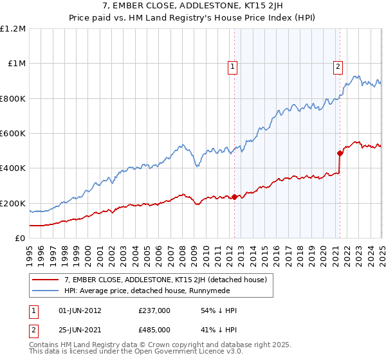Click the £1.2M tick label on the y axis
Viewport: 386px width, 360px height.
(13, 29)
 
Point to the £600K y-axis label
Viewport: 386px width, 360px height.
(13, 134)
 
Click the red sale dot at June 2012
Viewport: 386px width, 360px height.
(234, 197)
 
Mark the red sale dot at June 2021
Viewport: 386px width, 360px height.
(340, 153)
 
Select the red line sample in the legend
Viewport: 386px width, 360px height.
(46, 279)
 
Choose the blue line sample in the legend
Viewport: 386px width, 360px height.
(46, 291)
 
